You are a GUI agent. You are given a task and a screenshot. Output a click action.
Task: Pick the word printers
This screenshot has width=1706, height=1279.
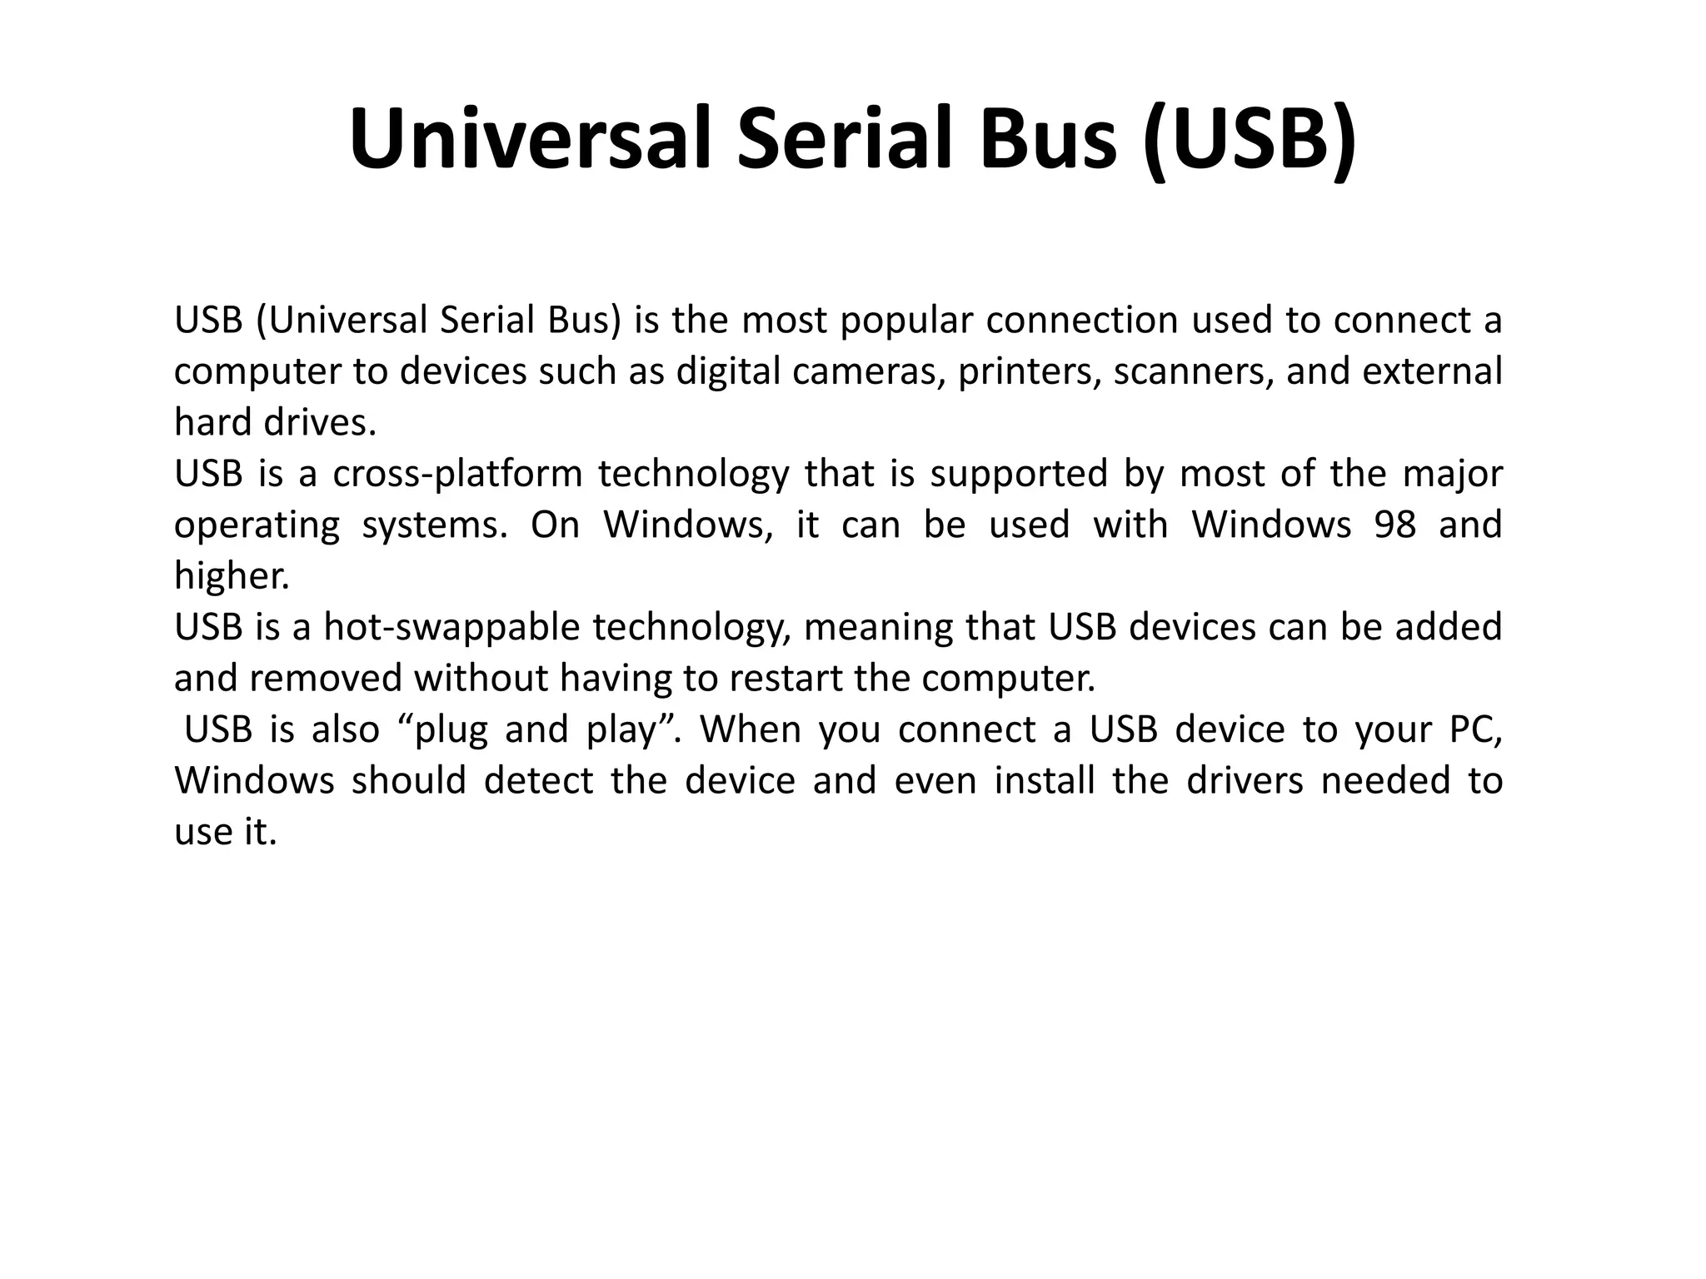point(1029,371)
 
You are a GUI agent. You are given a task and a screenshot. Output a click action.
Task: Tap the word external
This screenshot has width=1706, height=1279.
point(1432,371)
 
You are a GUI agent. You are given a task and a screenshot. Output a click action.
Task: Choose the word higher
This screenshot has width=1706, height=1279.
point(232,575)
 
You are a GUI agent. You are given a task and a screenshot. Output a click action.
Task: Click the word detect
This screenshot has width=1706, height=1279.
point(538,780)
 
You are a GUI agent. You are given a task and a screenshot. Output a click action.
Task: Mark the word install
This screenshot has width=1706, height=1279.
point(1045,780)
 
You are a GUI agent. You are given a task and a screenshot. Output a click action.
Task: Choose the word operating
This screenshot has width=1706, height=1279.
point(257,525)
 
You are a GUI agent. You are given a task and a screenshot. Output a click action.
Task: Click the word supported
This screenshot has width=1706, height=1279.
point(1019,474)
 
